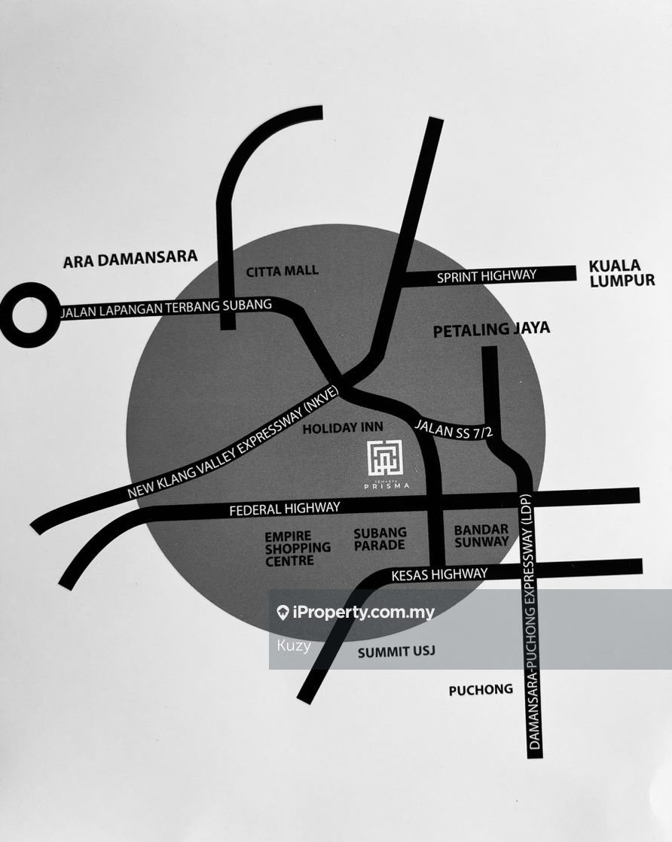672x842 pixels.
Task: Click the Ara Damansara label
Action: coord(130,260)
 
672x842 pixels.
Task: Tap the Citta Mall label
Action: coord(283,271)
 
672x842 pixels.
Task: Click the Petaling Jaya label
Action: coord(491,329)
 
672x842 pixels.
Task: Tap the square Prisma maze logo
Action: coord(385,457)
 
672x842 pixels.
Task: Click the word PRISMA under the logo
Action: coord(386,486)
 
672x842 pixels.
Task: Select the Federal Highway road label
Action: coord(285,509)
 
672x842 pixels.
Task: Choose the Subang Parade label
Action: coord(380,538)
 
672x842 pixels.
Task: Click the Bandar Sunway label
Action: coord(481,536)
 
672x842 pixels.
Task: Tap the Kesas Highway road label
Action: coord(439,575)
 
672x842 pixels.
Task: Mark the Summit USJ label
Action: coord(396,652)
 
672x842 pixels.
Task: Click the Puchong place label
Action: coord(481,689)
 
